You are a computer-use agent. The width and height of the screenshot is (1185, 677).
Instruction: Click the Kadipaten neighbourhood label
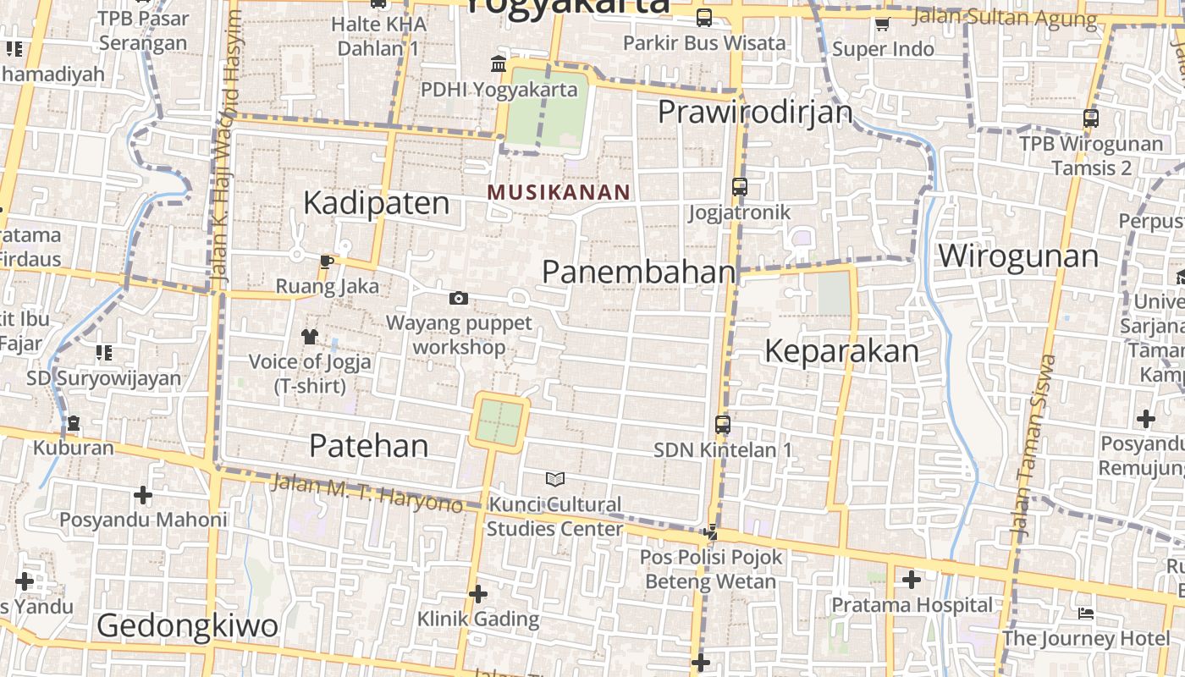[376, 203]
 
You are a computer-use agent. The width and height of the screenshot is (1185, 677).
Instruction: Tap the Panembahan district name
[638, 272]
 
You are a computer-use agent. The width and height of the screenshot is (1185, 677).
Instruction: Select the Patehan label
[368, 445]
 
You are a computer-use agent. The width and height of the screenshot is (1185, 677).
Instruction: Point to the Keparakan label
[841, 351]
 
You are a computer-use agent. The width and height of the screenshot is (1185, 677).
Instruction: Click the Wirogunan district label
[1018, 256]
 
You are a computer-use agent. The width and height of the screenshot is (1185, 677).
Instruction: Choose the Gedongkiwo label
[187, 626]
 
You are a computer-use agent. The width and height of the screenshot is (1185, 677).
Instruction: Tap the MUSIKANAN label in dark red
[559, 192]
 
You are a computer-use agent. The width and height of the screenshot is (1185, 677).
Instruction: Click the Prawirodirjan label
[755, 112]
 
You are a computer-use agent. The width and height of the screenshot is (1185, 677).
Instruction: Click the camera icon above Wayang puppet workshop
[459, 298]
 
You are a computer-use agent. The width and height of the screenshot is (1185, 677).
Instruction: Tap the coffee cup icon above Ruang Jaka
[327, 261]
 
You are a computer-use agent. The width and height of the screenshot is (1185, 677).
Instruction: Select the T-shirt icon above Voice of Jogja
[309, 336]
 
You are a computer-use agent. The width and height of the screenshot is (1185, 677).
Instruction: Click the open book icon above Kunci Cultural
[555, 480]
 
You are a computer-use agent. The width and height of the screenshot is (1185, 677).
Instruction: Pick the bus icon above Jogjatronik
[740, 187]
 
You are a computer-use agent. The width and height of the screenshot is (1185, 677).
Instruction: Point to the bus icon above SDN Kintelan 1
[722, 424]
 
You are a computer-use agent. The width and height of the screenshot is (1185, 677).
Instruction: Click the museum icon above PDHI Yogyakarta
[499, 64]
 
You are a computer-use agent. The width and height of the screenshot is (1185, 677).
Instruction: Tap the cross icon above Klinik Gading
[478, 594]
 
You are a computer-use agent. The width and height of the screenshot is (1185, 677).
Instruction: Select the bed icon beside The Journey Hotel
[1086, 613]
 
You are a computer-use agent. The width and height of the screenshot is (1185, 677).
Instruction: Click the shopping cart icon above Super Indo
[882, 24]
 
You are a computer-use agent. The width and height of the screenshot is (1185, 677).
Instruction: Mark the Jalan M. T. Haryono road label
[367, 493]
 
